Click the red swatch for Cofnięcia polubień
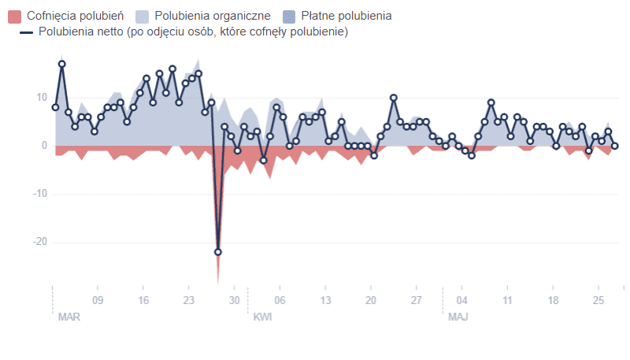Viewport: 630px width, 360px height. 13,16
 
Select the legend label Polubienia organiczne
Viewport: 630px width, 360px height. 213,16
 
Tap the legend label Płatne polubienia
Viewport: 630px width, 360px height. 346,16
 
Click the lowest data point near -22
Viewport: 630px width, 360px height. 218,252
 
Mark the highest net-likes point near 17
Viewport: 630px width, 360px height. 62,64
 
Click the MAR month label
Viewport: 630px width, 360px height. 69,317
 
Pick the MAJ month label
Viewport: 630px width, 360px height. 458,317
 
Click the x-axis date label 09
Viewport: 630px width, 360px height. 98,300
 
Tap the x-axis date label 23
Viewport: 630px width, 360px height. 188,300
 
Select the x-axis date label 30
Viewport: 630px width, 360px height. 234,300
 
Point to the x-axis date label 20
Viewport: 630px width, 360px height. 371,300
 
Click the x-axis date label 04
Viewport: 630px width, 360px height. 462,300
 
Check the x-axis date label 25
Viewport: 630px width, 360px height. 598,300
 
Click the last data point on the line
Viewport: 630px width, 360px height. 615,146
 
